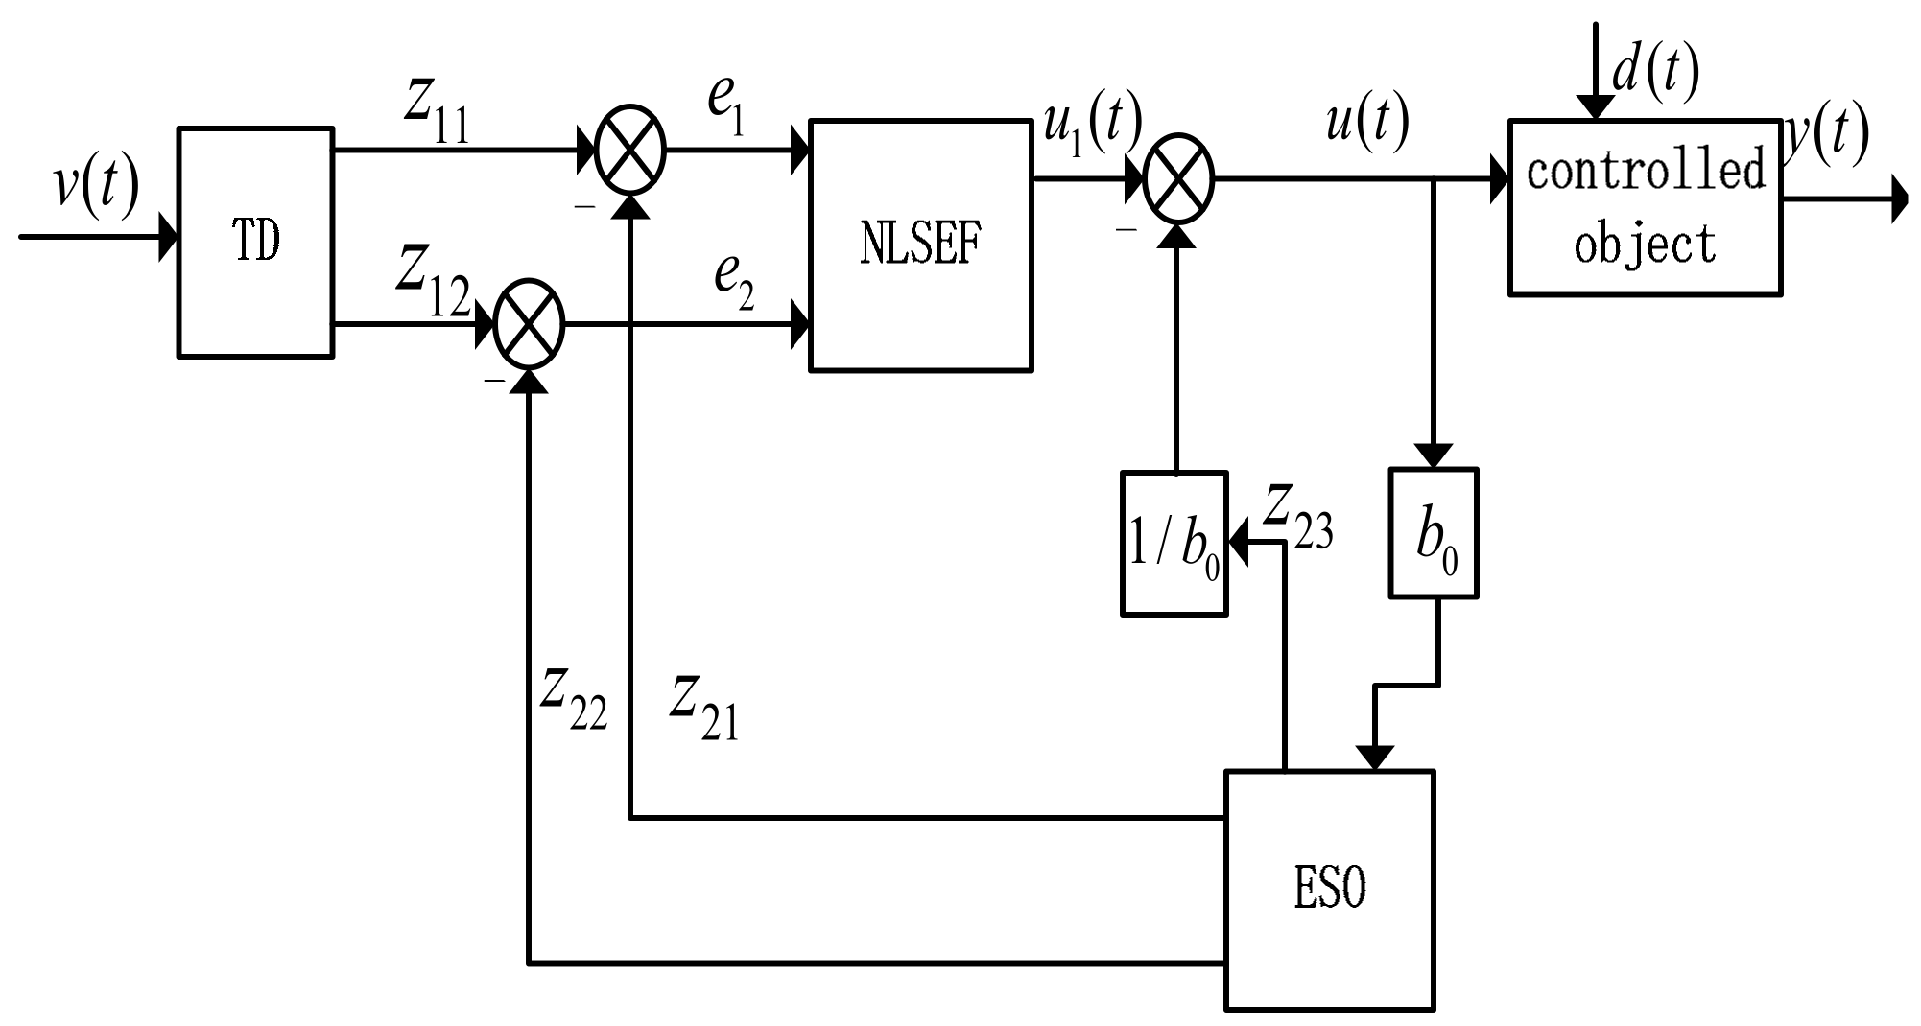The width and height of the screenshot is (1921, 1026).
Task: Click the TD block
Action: coord(256,243)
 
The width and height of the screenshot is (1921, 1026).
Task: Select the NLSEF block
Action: coord(920,245)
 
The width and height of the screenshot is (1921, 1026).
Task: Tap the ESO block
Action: coord(1329,889)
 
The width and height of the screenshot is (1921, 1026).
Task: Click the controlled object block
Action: coord(1645,207)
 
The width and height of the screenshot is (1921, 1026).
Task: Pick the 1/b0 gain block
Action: coord(1174,544)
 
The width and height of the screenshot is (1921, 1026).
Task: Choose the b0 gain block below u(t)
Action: coord(1434,534)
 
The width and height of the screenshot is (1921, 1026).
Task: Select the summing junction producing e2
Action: coord(529,326)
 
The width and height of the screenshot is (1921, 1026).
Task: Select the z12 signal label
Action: coord(433,283)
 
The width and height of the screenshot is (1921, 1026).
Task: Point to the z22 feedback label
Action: coord(573,698)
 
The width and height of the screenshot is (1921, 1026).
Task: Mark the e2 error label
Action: coord(733,283)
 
